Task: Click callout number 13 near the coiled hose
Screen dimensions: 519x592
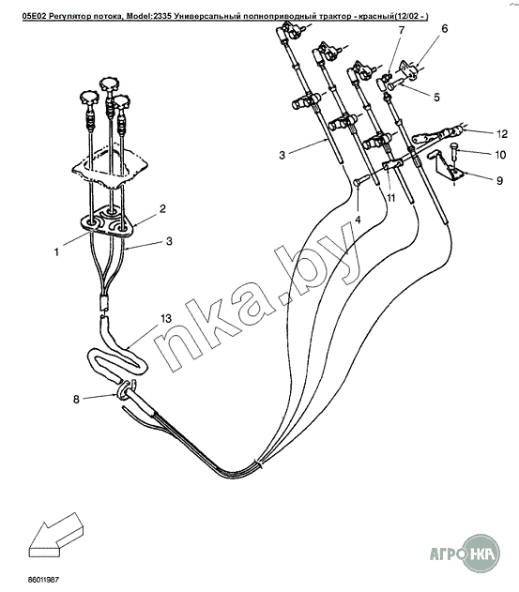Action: tap(165, 319)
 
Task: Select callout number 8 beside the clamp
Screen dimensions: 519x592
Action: tap(76, 399)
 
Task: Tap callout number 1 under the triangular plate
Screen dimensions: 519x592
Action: tap(56, 251)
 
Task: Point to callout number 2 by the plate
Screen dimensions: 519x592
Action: tap(162, 209)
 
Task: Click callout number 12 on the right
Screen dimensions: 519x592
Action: tap(502, 134)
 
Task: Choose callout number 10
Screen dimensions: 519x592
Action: tap(500, 155)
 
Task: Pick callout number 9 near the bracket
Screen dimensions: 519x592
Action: tap(499, 181)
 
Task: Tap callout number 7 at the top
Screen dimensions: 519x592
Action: tap(401, 30)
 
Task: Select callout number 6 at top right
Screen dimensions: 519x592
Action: tap(444, 28)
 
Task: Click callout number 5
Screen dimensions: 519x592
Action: tap(436, 97)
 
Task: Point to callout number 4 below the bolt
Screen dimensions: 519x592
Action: tap(359, 219)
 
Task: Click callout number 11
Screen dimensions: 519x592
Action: tap(391, 197)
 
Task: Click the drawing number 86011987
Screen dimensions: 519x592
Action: tap(43, 579)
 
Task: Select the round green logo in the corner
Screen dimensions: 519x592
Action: tap(481, 554)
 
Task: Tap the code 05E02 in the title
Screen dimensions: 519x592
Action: tap(32, 16)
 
